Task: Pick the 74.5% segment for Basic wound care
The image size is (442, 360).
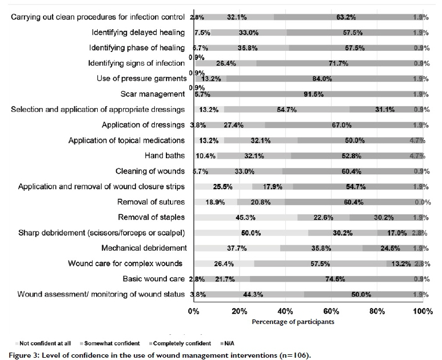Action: (x=333, y=279)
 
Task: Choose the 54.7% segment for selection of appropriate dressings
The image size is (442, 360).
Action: (x=286, y=109)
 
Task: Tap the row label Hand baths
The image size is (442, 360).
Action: (x=166, y=155)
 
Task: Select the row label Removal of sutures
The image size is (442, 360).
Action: (x=151, y=202)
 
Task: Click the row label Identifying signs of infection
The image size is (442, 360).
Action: (x=136, y=63)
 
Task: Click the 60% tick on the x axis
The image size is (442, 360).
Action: (x=332, y=311)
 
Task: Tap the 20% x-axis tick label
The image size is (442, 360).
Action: (x=240, y=311)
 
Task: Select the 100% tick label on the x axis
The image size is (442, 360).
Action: (x=423, y=311)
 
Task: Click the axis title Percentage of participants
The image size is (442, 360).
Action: (x=293, y=322)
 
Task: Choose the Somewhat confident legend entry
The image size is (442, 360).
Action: (x=112, y=343)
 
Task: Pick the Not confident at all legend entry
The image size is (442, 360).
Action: (x=45, y=343)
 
